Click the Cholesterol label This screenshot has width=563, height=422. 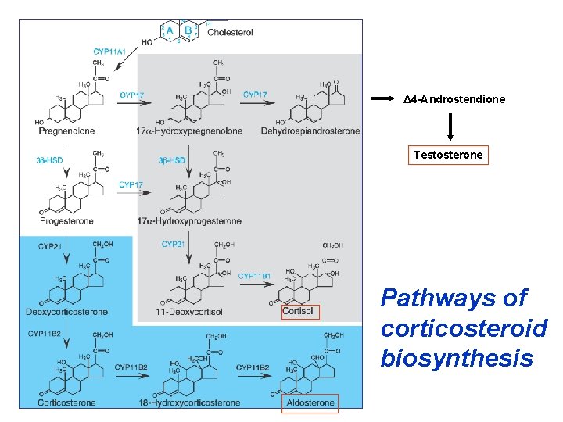[231, 32]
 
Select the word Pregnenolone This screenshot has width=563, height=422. [61, 131]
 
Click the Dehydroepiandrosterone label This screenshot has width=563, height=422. [310, 131]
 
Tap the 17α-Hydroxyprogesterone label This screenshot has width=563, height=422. [188, 222]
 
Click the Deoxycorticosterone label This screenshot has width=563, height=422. [66, 313]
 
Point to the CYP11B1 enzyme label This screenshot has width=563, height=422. [254, 276]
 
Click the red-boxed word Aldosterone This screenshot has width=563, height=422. [310, 403]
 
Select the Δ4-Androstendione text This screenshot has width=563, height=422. [454, 100]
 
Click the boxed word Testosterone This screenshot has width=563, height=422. [449, 155]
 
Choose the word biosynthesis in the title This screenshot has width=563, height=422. [457, 359]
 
